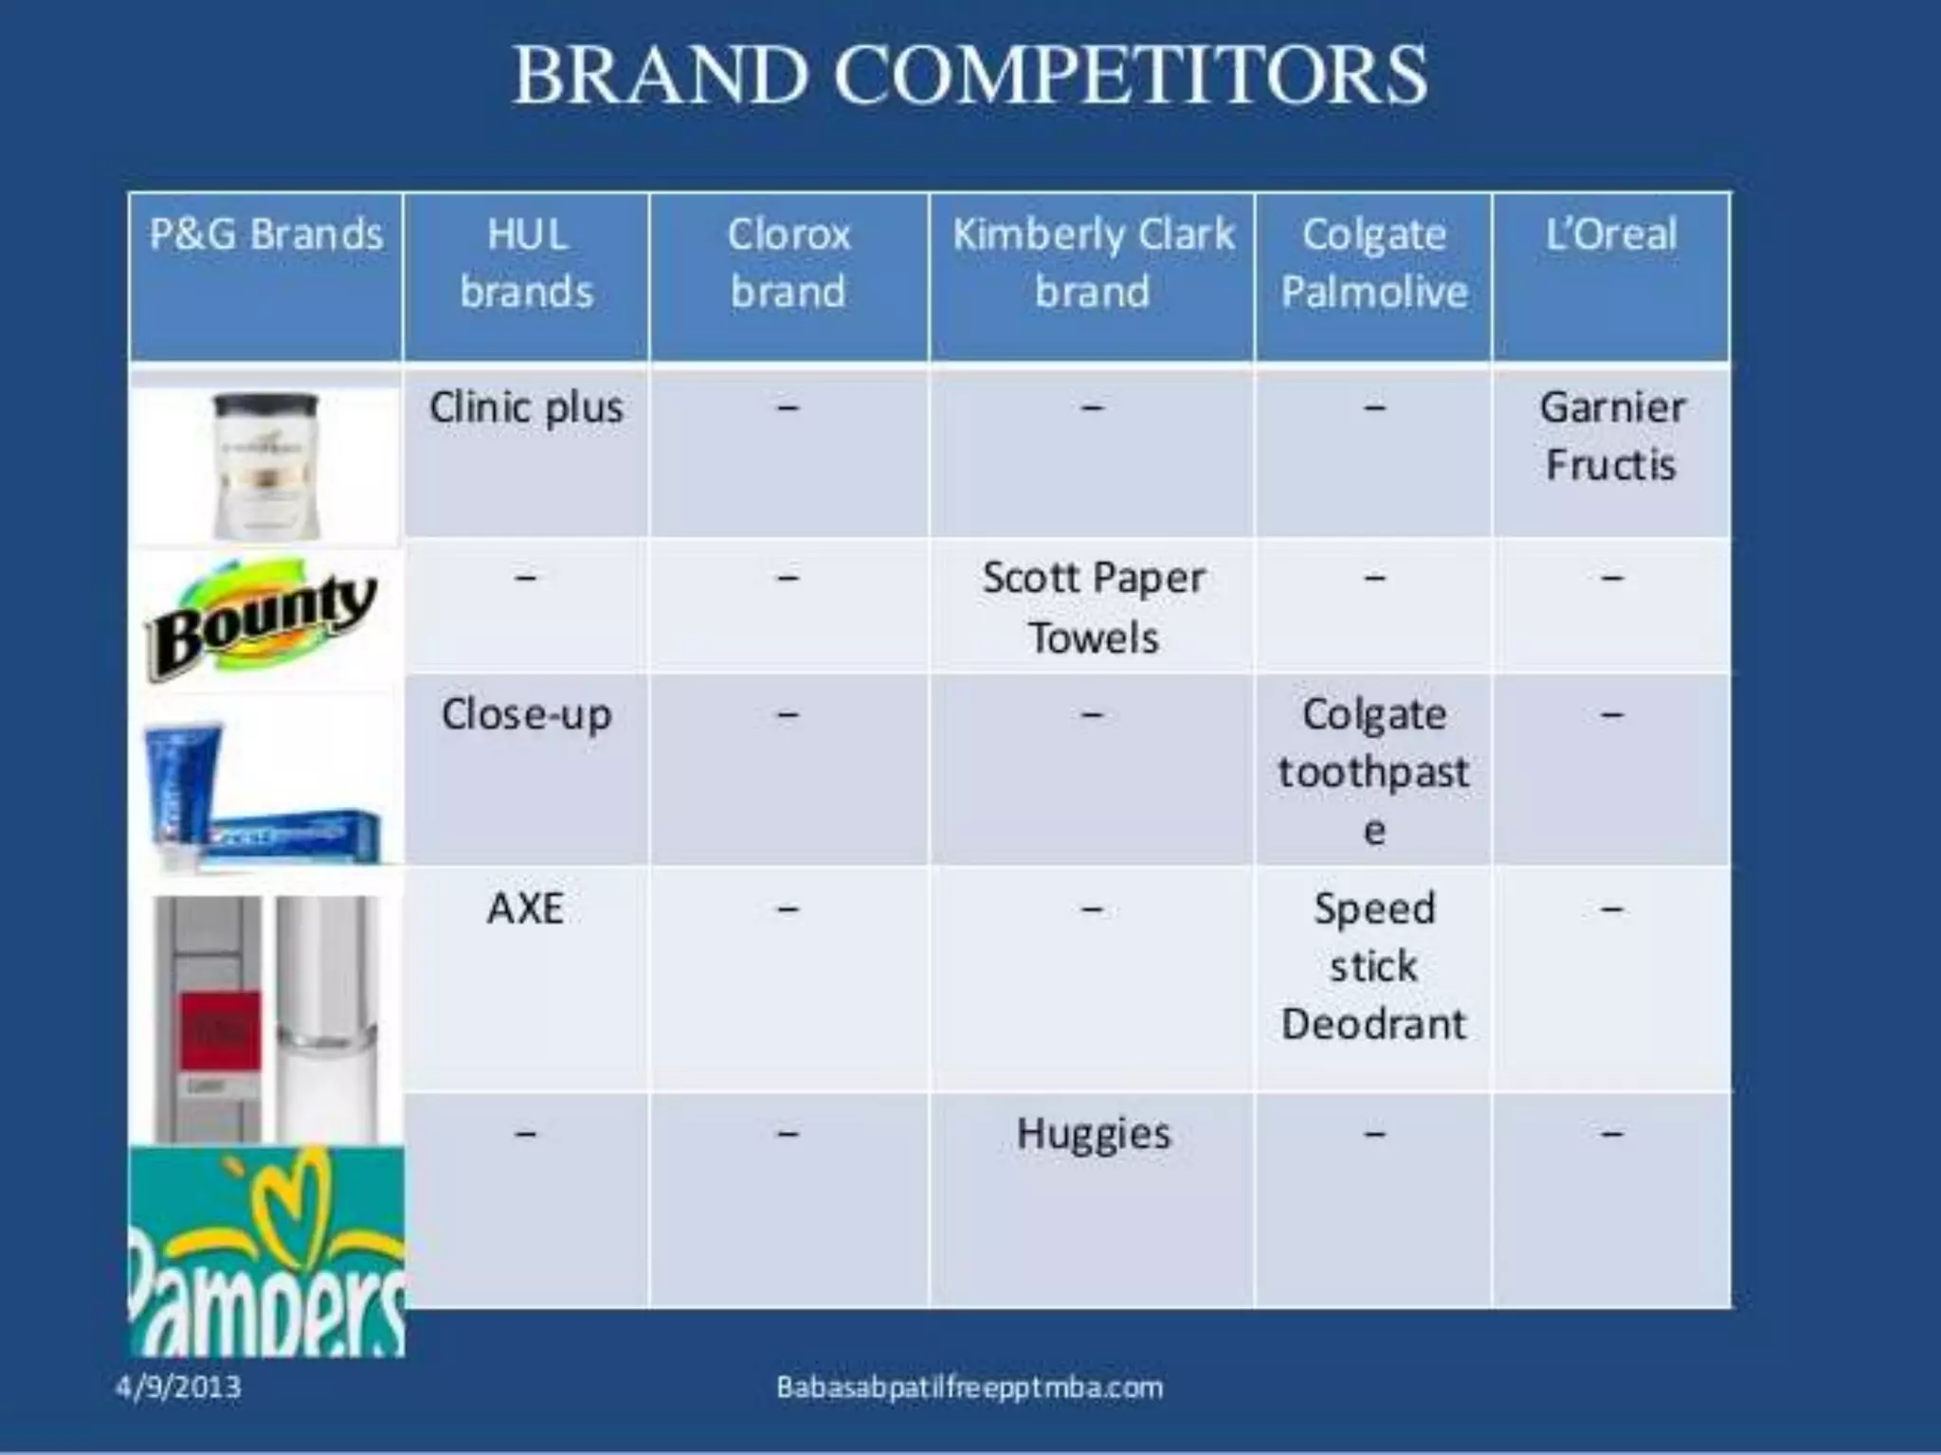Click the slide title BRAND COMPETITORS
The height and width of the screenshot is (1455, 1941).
[970, 76]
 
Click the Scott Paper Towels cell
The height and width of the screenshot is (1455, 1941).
[1093, 607]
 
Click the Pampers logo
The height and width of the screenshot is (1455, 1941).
[266, 1250]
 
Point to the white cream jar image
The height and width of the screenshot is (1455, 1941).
[265, 464]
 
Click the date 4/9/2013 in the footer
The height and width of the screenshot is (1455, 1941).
[178, 1388]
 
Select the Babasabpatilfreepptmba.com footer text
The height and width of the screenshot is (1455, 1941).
[970, 1388]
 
